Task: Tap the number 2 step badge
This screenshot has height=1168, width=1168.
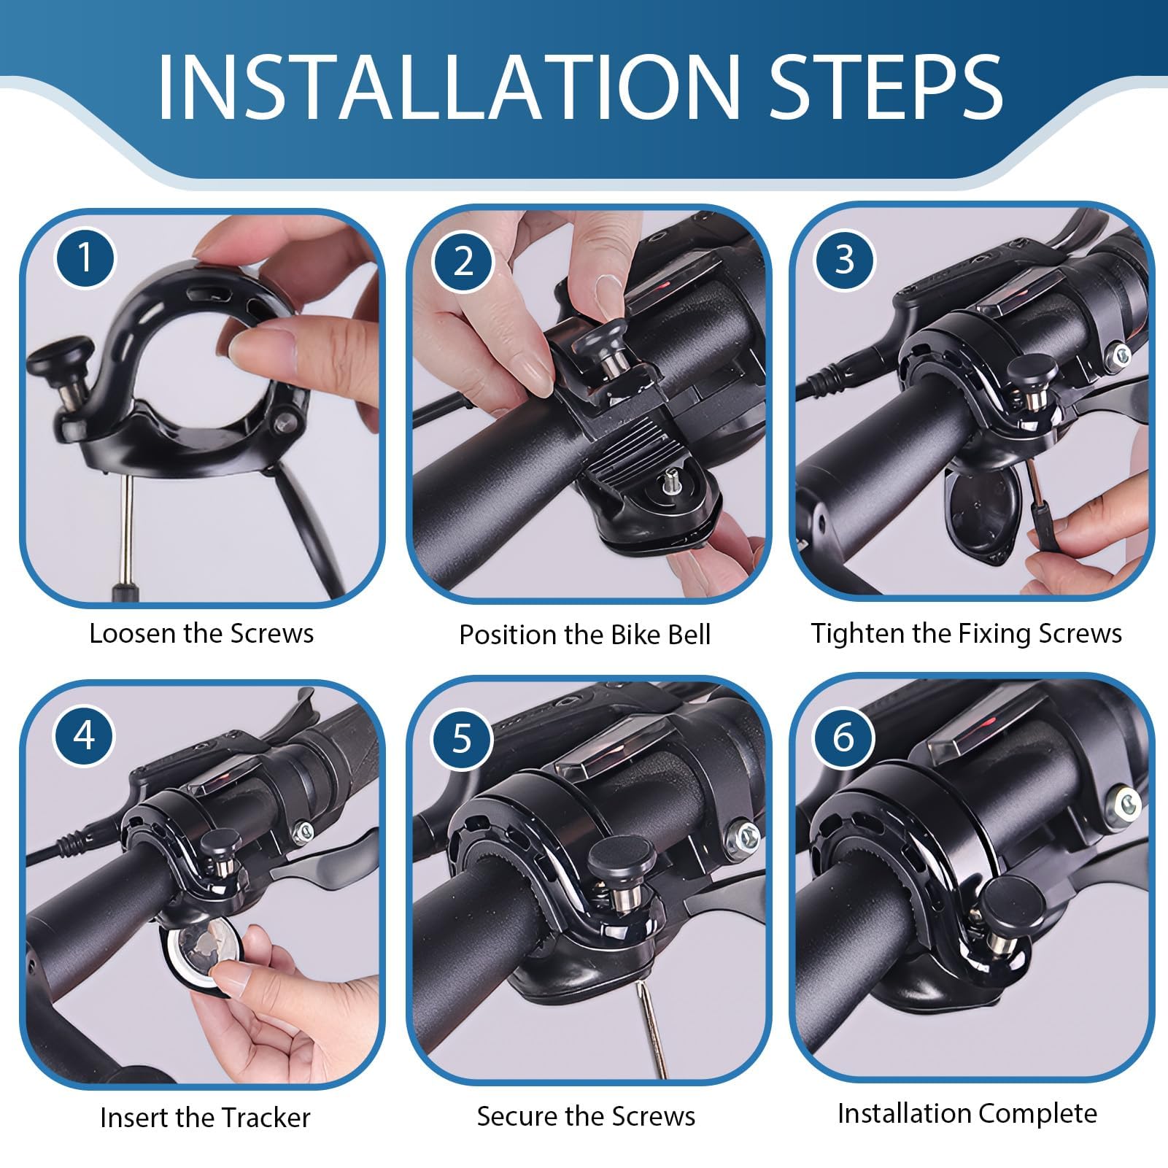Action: coord(462,260)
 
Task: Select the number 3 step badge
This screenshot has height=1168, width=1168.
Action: coord(844,259)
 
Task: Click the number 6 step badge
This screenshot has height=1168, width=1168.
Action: coord(843,736)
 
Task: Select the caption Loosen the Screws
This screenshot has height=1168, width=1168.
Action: coord(201,633)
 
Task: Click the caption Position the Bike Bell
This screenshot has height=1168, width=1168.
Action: coord(584,635)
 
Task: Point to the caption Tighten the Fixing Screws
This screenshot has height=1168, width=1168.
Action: coord(967,633)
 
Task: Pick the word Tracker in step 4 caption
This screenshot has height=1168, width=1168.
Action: coord(265,1118)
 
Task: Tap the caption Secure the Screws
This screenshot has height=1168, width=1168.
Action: coord(586,1116)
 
